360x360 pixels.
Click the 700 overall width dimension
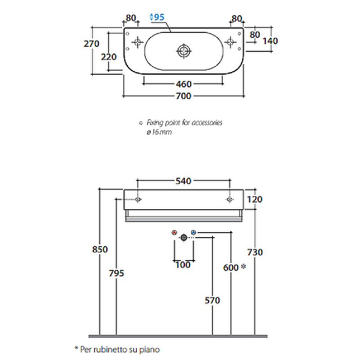184,96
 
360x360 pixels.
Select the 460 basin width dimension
184,84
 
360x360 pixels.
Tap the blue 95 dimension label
157,18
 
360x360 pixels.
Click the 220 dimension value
108,57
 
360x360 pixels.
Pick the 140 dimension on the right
270,41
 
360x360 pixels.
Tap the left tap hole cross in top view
137,42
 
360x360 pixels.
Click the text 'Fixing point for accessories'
183,122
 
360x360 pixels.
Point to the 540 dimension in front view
184,181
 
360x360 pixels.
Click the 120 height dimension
255,199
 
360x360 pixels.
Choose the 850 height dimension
99,249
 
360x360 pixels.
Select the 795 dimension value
116,273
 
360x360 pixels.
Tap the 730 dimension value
255,252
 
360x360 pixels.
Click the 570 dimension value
212,300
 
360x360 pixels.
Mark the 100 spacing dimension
183,265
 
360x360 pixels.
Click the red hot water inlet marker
175,233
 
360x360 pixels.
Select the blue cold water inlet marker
193,232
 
